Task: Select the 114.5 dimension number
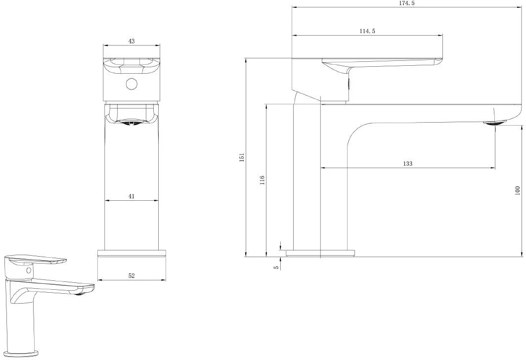[367, 31]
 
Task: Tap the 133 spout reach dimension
[407, 164]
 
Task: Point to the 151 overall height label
[242, 157]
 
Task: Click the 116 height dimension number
[262, 180]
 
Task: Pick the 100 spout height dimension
[517, 190]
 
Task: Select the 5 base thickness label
[276, 268]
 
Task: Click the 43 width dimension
[131, 41]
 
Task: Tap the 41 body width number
[131, 196]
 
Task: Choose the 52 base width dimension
[131, 276]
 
